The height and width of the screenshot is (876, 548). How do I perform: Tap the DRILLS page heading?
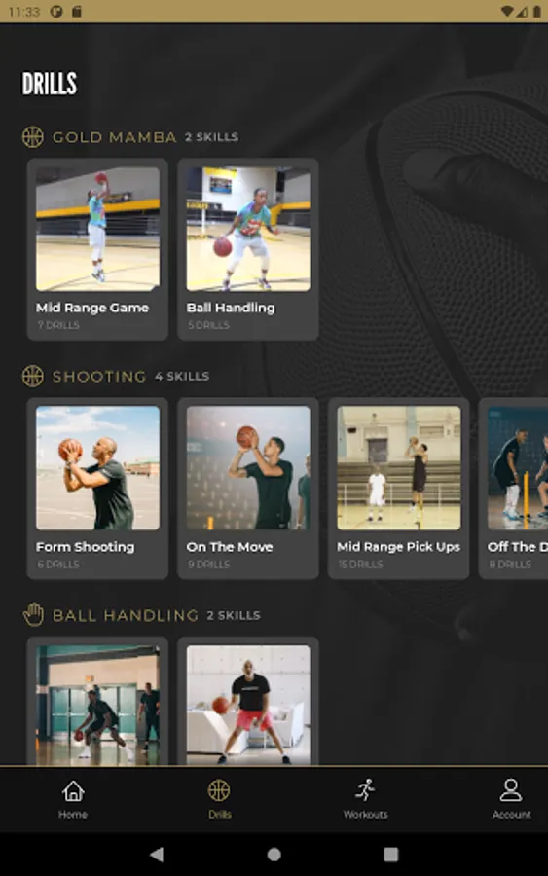click(x=50, y=84)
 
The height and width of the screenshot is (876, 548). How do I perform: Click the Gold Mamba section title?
click(x=115, y=137)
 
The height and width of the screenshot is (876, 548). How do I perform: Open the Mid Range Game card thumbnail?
click(x=97, y=229)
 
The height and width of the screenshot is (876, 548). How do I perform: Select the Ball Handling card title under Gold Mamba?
click(x=231, y=308)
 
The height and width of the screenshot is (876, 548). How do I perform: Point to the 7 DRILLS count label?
click(x=58, y=325)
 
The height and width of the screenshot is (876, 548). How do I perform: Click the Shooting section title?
click(x=99, y=377)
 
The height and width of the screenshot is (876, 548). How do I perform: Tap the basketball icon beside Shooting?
click(x=33, y=376)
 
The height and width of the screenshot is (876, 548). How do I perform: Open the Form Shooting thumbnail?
click(x=97, y=468)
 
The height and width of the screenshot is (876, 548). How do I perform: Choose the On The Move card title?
click(x=230, y=547)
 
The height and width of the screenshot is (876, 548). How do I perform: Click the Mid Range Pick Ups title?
click(x=398, y=547)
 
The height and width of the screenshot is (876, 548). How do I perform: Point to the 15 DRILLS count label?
click(x=360, y=565)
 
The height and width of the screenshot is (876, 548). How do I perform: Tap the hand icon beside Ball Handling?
click(x=33, y=615)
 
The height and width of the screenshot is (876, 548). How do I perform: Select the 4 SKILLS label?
click(x=182, y=377)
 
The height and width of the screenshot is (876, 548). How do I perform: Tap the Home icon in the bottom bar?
click(x=73, y=791)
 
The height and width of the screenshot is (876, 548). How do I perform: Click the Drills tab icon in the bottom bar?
click(x=219, y=790)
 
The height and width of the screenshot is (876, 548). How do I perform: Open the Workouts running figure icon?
click(x=365, y=790)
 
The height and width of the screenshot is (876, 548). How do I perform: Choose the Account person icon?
click(x=511, y=790)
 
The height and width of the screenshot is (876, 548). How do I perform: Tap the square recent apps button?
click(x=391, y=855)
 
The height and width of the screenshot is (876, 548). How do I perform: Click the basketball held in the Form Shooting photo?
click(x=70, y=450)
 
